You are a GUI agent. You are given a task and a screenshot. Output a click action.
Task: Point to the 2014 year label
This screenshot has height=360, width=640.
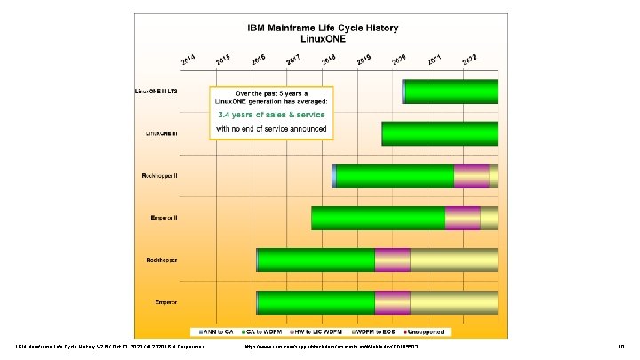(x=188, y=60)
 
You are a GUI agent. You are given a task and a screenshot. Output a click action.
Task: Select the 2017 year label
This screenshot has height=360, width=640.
(x=292, y=60)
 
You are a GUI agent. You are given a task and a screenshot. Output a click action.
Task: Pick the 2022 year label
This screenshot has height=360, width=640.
(x=470, y=60)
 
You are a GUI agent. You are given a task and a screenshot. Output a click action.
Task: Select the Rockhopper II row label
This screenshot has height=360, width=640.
(x=159, y=176)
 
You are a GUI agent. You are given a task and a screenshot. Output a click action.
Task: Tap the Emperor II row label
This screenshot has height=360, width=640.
(x=163, y=218)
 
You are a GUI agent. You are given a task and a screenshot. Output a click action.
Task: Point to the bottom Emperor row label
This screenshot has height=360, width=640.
(x=166, y=302)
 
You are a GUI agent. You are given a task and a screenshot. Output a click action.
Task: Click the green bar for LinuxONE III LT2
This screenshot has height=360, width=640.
(x=451, y=92)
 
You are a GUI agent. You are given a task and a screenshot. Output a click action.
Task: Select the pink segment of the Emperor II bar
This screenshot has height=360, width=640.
(x=462, y=218)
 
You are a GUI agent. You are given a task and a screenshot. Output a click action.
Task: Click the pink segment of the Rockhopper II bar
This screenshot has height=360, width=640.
(x=471, y=176)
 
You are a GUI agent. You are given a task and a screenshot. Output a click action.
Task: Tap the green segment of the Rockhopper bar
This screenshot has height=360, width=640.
(x=316, y=260)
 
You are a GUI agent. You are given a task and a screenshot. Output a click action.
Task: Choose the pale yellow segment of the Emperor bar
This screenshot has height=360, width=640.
(x=453, y=302)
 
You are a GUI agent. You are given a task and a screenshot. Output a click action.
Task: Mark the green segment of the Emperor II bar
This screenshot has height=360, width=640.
(x=378, y=218)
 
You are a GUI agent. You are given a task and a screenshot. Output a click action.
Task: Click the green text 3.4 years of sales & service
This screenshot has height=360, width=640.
(x=271, y=115)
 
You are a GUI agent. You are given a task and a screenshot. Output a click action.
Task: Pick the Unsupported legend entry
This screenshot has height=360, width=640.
(x=429, y=332)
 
